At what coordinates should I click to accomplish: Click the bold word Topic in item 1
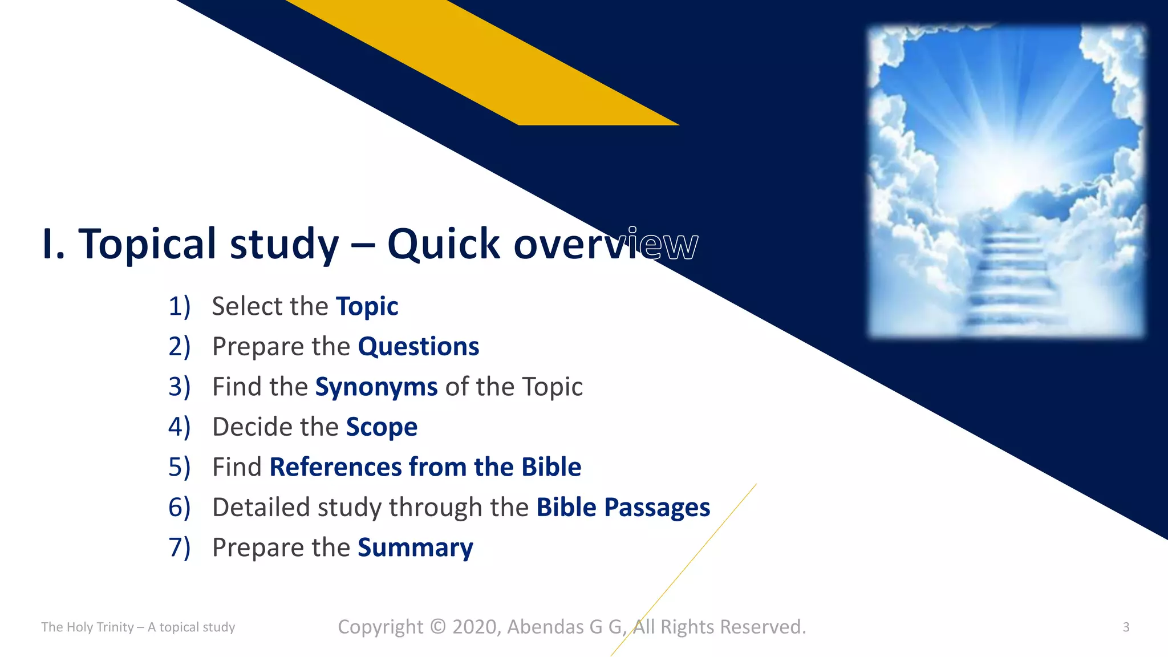point(367,307)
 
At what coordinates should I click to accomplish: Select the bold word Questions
point(418,347)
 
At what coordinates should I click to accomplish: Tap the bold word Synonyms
point(376,387)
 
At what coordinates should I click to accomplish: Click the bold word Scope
point(382,427)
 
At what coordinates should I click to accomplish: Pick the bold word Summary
point(415,547)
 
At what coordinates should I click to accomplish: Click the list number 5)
point(179,467)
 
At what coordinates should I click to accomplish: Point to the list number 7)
point(179,547)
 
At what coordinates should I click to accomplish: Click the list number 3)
point(179,387)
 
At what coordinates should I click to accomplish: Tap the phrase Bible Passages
point(623,508)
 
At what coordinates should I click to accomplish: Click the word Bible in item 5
point(551,467)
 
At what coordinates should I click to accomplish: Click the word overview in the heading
point(605,244)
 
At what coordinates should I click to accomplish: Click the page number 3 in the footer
point(1126,627)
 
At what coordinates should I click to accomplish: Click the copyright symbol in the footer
point(437,627)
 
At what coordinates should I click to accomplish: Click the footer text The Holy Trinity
point(87,627)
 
